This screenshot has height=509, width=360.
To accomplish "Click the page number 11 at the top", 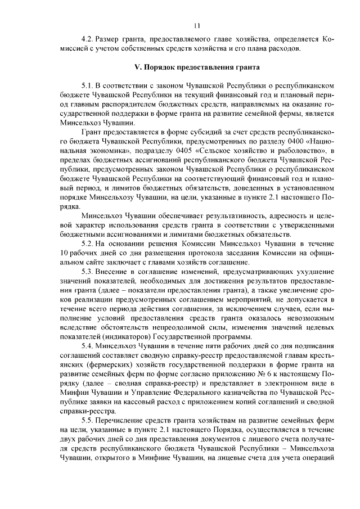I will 196,25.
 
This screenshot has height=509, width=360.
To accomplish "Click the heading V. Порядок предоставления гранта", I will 196,67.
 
